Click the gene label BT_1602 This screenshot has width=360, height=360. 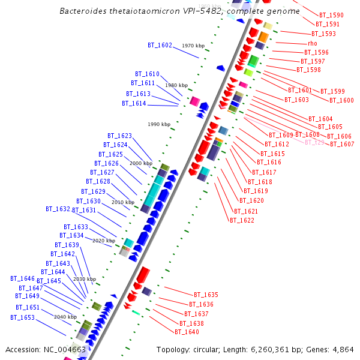[160, 45]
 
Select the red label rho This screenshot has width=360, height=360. [312, 43]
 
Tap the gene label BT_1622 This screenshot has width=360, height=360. [242, 220]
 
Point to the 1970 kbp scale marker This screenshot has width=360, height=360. [193, 46]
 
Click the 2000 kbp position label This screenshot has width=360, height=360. [141, 163]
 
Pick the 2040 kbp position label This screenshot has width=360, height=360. [65, 317]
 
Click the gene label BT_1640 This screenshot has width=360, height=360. [187, 332]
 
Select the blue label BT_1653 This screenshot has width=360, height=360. [22, 317]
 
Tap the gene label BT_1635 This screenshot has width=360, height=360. [206, 295]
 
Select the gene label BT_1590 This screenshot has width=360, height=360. [331, 15]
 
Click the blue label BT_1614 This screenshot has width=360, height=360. [134, 103]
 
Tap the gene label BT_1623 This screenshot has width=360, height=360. [119, 136]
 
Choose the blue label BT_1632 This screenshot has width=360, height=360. [58, 209]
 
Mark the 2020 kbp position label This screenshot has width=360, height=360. [104, 241]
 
